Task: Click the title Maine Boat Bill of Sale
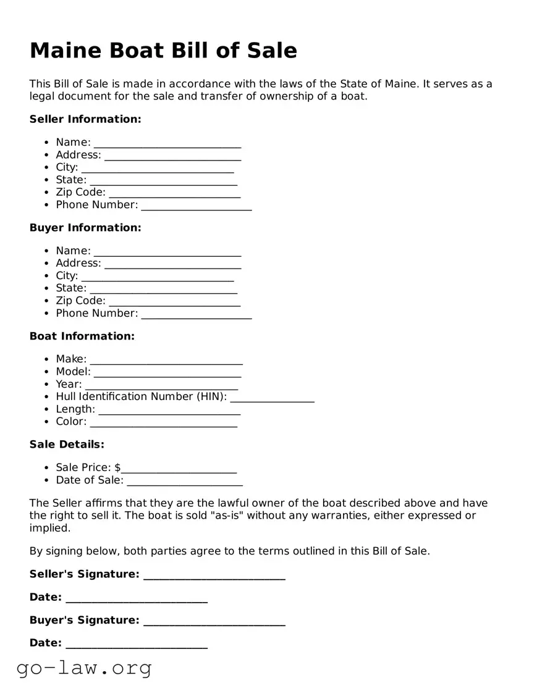tap(163, 51)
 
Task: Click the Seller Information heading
tap(85, 119)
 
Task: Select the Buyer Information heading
tap(85, 228)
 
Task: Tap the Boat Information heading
tap(82, 337)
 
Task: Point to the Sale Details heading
tap(67, 445)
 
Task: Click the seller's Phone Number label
tap(96, 205)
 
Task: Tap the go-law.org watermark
tap(84, 668)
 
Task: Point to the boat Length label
tap(75, 409)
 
